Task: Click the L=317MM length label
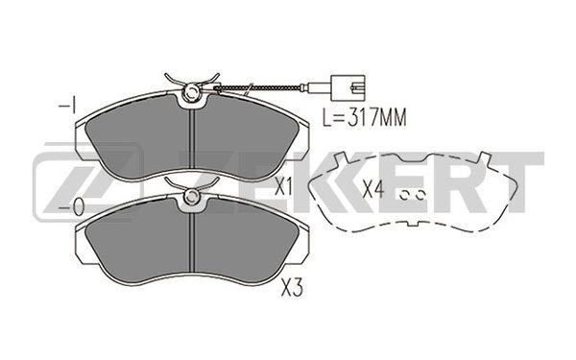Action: [365, 117]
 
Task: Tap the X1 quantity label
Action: [283, 187]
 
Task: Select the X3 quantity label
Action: [292, 288]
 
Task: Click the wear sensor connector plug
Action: [348, 87]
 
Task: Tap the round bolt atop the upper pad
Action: [192, 91]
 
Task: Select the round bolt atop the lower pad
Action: [192, 196]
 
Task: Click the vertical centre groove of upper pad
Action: [191, 142]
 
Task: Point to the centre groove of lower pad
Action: [191, 246]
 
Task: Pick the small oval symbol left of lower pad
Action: [79, 206]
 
